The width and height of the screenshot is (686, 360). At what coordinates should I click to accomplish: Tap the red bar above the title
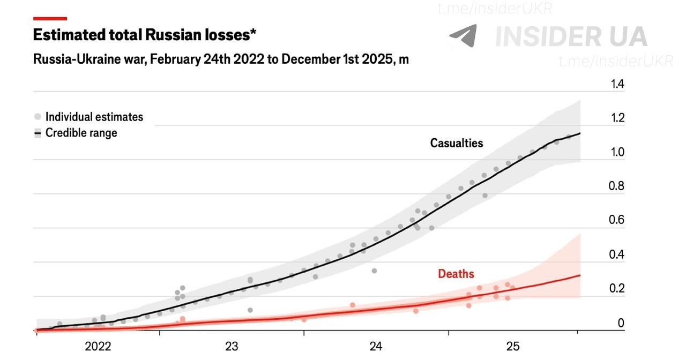coord(50,19)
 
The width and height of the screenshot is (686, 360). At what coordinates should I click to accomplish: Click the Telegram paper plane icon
coord(464,35)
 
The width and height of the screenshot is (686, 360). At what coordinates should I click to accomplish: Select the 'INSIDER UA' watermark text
coord(571,37)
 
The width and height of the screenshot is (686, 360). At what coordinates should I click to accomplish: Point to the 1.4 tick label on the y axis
coord(617,84)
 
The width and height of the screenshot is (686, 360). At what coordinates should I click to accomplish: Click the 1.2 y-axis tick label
coord(617,118)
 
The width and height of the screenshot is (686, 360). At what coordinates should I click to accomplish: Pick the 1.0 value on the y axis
coord(617,152)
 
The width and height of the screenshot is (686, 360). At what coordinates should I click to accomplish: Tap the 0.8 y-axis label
coord(616,186)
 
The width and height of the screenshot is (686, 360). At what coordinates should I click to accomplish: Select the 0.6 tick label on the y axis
coord(616,220)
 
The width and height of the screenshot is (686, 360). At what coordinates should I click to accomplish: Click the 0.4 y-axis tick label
coord(616,254)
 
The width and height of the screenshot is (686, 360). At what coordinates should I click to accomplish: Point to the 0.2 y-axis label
coord(616,288)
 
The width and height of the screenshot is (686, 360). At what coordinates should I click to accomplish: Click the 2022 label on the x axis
coord(98,346)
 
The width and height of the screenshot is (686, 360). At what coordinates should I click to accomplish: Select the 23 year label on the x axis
coord(232,346)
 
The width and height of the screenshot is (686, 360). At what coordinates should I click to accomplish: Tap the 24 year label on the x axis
coord(376,346)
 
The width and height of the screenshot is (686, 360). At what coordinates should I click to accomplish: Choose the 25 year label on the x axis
coord(513,346)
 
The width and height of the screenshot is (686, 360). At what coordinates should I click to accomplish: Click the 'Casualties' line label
coord(457,143)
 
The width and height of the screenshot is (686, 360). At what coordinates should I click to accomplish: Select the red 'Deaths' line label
coord(456,274)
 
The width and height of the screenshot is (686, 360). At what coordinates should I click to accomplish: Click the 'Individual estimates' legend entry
coord(88,117)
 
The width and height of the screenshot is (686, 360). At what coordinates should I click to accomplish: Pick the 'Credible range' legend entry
coord(76,133)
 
